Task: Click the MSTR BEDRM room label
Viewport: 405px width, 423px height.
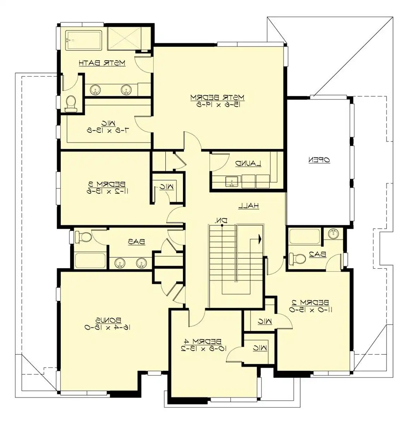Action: (x=217, y=97)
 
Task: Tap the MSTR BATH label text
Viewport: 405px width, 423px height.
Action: (x=102, y=63)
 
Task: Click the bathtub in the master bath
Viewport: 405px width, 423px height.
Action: (x=84, y=40)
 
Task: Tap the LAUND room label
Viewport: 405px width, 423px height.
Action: (x=248, y=164)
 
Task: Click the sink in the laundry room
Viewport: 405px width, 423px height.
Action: (x=231, y=182)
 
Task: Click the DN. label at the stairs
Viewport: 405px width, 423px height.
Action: (x=221, y=221)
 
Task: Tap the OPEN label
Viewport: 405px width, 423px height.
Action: (x=319, y=160)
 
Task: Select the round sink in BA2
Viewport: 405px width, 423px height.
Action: (x=333, y=234)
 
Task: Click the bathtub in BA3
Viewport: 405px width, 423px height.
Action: (x=90, y=260)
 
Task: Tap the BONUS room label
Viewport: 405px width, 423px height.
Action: (x=108, y=320)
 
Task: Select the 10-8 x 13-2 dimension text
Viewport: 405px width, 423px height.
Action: (x=204, y=349)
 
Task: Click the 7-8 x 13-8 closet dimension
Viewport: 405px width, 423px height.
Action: (x=108, y=130)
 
